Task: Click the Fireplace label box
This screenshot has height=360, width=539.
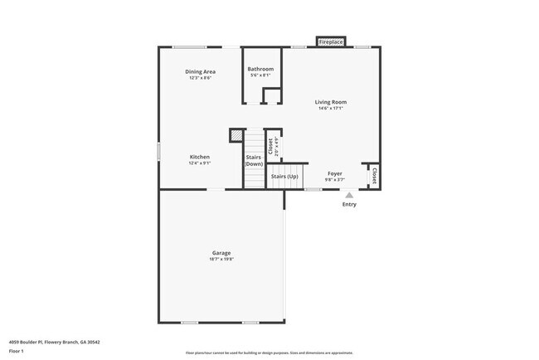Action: [331, 41]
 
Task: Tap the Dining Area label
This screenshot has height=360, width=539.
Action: [200, 72]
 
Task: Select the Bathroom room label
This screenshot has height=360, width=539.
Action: [261, 69]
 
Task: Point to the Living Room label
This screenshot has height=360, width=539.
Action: [330, 102]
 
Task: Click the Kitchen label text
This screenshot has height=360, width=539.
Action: [199, 157]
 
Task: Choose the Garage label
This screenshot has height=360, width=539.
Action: [221, 253]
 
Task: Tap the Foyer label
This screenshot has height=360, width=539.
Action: [335, 173]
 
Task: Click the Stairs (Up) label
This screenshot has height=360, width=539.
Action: [285, 176]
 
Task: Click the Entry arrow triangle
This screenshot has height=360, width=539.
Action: [349, 196]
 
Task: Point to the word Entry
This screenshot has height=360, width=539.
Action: [349, 204]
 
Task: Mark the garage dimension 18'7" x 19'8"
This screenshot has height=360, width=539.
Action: [221, 260]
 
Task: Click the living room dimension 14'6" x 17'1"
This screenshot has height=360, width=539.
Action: [330, 109]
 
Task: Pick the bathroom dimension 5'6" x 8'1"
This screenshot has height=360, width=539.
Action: [261, 75]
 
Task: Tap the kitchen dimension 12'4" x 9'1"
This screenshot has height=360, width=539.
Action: [199, 163]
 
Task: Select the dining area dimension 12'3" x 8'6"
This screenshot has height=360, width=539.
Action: [200, 79]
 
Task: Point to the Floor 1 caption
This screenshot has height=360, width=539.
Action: [17, 351]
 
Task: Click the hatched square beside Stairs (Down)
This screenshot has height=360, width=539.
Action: [237, 134]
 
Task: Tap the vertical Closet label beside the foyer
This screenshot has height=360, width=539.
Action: [374, 176]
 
